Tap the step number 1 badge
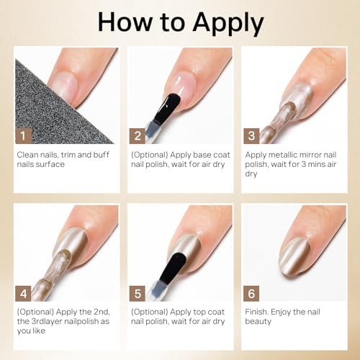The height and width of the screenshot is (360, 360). pyautogui.click(x=23, y=135)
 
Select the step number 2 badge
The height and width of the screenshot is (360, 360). pyautogui.click(x=137, y=135)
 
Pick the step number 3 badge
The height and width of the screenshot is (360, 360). pyautogui.click(x=251, y=135)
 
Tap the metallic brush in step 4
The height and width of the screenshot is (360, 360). pyautogui.click(x=50, y=263)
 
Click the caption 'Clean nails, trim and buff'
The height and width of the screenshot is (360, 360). pyautogui.click(x=62, y=154)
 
